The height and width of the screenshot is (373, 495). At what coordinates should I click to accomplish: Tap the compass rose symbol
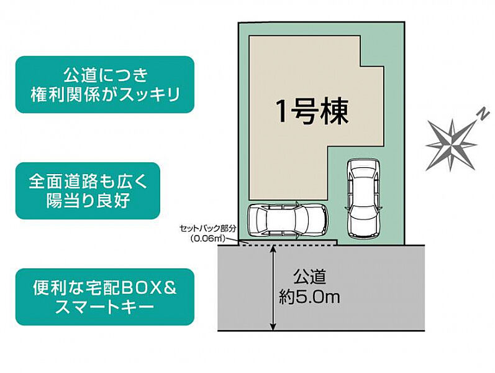click(x=452, y=142)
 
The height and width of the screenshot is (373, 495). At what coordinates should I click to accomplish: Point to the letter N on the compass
click(x=481, y=114)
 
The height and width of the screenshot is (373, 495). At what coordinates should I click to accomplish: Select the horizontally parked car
click(x=287, y=219)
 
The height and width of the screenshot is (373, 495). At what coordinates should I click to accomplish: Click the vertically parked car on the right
click(x=363, y=198)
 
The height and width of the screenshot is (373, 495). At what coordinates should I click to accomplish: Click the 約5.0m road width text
click(x=309, y=297)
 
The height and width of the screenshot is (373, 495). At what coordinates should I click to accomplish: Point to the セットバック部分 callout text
click(x=207, y=229)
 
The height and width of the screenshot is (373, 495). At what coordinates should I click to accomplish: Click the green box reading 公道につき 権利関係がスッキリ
click(x=105, y=85)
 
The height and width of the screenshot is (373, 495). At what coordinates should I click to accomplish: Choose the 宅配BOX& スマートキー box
click(x=105, y=297)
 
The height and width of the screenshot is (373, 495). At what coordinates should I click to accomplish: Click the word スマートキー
click(x=105, y=306)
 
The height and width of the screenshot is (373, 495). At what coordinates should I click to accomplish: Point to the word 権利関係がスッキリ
click(x=105, y=94)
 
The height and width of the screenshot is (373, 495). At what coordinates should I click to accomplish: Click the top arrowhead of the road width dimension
click(x=273, y=249)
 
